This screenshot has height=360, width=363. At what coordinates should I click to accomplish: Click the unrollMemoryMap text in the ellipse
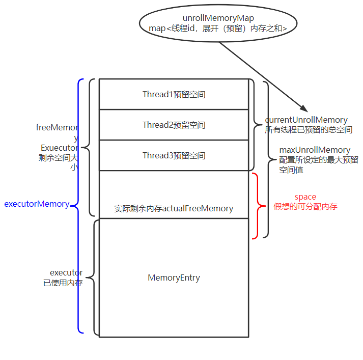218,18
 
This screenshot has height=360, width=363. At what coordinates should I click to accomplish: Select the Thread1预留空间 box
174,95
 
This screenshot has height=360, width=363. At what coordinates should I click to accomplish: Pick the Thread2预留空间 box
174,125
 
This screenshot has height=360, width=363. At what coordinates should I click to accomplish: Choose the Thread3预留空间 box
174,156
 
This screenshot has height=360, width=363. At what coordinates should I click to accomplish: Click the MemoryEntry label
174,278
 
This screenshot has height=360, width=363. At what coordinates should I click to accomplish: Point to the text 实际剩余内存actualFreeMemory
174,209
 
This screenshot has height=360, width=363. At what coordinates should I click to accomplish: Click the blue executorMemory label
37,204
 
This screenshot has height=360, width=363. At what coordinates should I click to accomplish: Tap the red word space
305,197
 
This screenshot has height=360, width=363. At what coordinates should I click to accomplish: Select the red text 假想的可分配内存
305,207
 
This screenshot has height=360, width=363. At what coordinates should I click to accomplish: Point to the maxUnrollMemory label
315,150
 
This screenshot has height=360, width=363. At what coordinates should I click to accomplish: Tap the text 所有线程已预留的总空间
309,130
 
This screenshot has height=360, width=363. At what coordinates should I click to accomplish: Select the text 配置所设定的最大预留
318,160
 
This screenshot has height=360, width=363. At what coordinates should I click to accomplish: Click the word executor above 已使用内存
66,273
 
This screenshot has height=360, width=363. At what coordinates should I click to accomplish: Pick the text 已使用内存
63,283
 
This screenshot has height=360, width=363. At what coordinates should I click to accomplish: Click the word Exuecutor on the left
59,148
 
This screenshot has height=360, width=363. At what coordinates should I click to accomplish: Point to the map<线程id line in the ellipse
218,29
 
